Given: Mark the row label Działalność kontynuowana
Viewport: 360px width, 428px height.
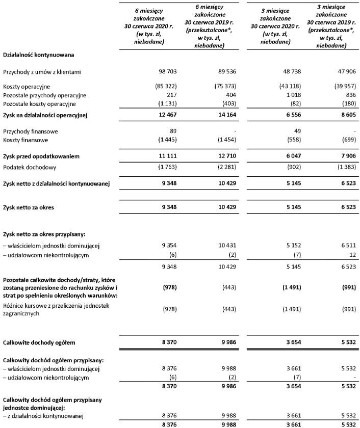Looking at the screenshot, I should click(x=36, y=54).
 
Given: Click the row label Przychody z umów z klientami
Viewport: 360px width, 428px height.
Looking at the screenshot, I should click(x=42, y=73).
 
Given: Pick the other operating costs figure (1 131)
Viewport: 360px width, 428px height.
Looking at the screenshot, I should click(x=166, y=104).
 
